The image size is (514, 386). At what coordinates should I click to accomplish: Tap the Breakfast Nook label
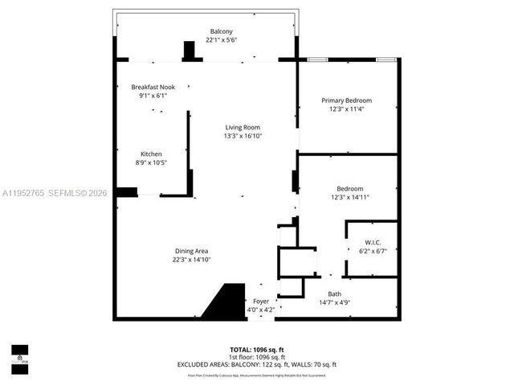153,87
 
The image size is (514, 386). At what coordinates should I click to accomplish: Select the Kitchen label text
151,154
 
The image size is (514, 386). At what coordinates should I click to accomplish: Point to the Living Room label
242,127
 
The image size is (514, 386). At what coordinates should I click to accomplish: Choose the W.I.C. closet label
373,241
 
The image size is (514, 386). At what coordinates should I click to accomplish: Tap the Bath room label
334,294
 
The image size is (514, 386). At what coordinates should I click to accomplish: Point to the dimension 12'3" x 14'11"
350,197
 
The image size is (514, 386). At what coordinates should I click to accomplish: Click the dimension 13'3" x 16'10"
242,136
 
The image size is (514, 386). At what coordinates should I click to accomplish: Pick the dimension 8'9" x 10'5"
151,162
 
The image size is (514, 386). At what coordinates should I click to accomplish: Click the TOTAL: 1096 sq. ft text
257,349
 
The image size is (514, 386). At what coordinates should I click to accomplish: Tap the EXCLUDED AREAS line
257,365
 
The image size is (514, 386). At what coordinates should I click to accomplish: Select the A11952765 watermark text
24,193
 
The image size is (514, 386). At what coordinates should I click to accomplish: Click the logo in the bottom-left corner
18,354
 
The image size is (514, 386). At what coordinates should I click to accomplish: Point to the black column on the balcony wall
190,51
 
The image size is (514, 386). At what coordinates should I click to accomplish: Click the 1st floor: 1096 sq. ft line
257,357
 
